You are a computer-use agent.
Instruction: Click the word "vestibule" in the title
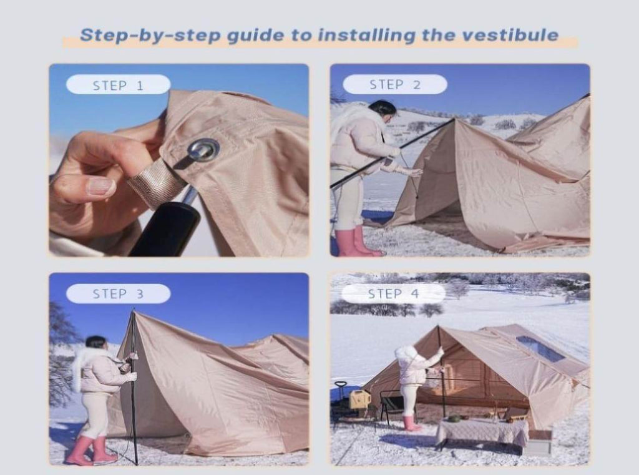(510, 35)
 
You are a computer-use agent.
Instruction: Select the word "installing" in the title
(366, 36)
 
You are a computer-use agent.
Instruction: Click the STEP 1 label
(118, 85)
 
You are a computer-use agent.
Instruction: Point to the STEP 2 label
(395, 84)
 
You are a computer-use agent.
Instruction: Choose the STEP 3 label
(118, 293)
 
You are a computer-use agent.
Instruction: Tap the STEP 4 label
(393, 293)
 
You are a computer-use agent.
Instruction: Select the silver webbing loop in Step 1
(155, 184)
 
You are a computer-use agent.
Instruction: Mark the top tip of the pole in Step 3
(134, 310)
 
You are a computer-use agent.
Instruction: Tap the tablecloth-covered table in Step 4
(482, 432)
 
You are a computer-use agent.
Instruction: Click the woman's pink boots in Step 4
(412, 423)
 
